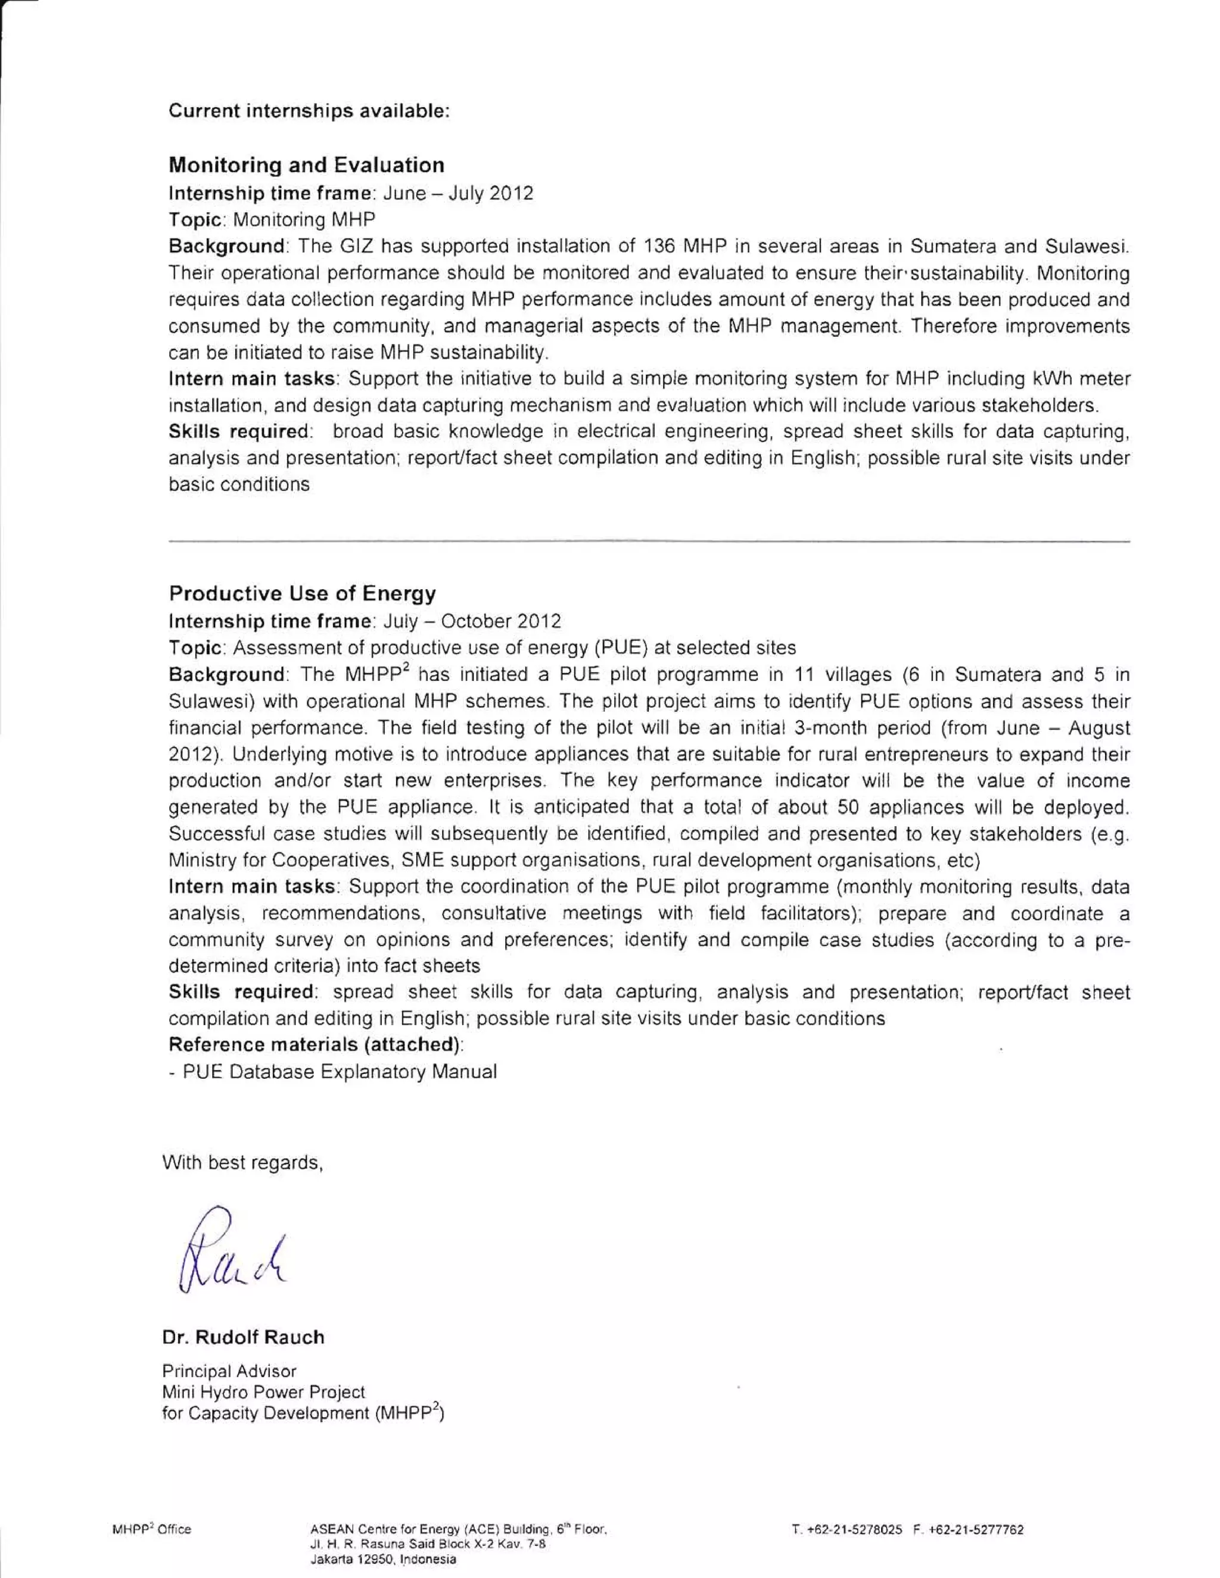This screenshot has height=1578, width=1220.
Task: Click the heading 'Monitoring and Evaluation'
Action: (306, 166)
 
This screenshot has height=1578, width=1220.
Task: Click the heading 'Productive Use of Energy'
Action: (302, 594)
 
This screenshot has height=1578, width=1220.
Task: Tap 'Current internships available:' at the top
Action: (309, 111)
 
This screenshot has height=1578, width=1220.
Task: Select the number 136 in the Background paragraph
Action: (657, 247)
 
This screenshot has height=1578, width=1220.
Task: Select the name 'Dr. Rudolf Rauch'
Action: (243, 1337)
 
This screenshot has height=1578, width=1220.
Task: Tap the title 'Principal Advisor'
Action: (229, 1371)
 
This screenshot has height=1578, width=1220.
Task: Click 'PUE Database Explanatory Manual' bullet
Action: (339, 1072)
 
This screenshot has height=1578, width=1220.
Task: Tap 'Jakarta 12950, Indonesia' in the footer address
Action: (383, 1559)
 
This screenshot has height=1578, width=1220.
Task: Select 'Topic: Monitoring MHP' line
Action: (272, 220)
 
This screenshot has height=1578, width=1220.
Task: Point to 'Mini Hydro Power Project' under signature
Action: (263, 1392)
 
